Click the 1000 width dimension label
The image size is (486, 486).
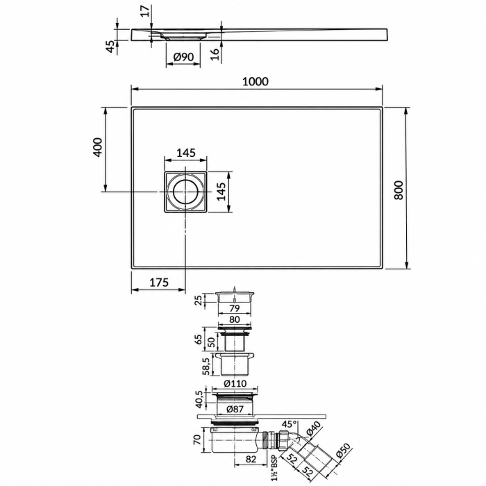tap(255, 81)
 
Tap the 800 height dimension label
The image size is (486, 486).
tap(399, 190)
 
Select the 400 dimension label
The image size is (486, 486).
tap(97, 147)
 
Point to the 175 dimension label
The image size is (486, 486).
tap(159, 283)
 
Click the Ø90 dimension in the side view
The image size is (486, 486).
tap(183, 57)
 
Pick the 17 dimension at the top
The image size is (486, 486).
tap(147, 11)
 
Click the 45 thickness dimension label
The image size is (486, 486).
tap(110, 47)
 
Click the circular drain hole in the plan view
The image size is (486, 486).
tap(185, 192)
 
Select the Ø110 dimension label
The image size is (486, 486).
tap(235, 383)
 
